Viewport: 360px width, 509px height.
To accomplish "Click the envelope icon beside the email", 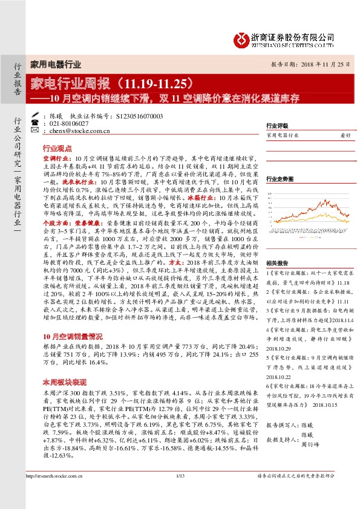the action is click(x=34, y=130).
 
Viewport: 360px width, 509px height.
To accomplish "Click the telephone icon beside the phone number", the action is click(x=34, y=122).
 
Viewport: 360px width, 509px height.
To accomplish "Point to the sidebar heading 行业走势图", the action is click(x=280, y=180).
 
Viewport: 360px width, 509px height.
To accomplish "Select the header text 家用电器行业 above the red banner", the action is click(x=56, y=63).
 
